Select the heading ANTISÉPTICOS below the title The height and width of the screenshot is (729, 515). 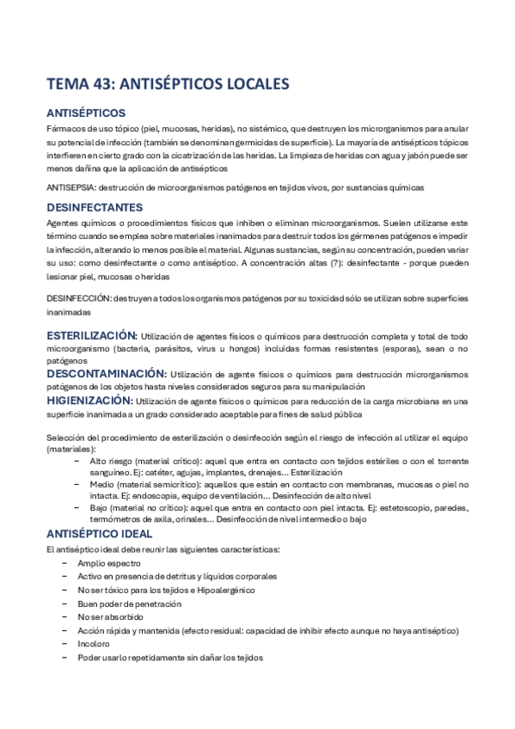[x=86, y=113]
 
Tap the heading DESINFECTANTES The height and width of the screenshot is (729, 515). [x=94, y=207]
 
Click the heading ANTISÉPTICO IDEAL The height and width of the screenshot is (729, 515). [x=105, y=534]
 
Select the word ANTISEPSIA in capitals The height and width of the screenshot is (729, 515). [x=71, y=187]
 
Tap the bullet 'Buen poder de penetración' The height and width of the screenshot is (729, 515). [x=129, y=603]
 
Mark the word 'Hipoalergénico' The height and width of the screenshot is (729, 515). [x=222, y=590]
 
